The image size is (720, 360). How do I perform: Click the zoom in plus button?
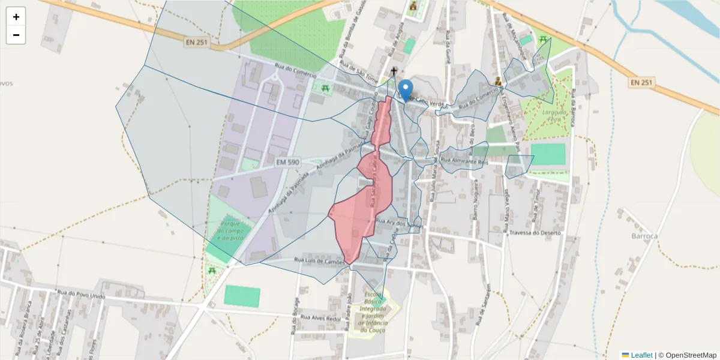tap(16, 17)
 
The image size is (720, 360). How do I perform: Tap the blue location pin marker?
tap(406, 91)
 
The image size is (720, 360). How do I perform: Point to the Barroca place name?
tap(645, 236)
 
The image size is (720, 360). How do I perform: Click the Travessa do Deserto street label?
tap(534, 232)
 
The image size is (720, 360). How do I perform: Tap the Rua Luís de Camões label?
tap(320, 261)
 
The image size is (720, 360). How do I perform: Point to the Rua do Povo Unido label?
tap(82, 296)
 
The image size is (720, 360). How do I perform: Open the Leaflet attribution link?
tap(637, 355)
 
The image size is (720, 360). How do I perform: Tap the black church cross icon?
tap(394, 72)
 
